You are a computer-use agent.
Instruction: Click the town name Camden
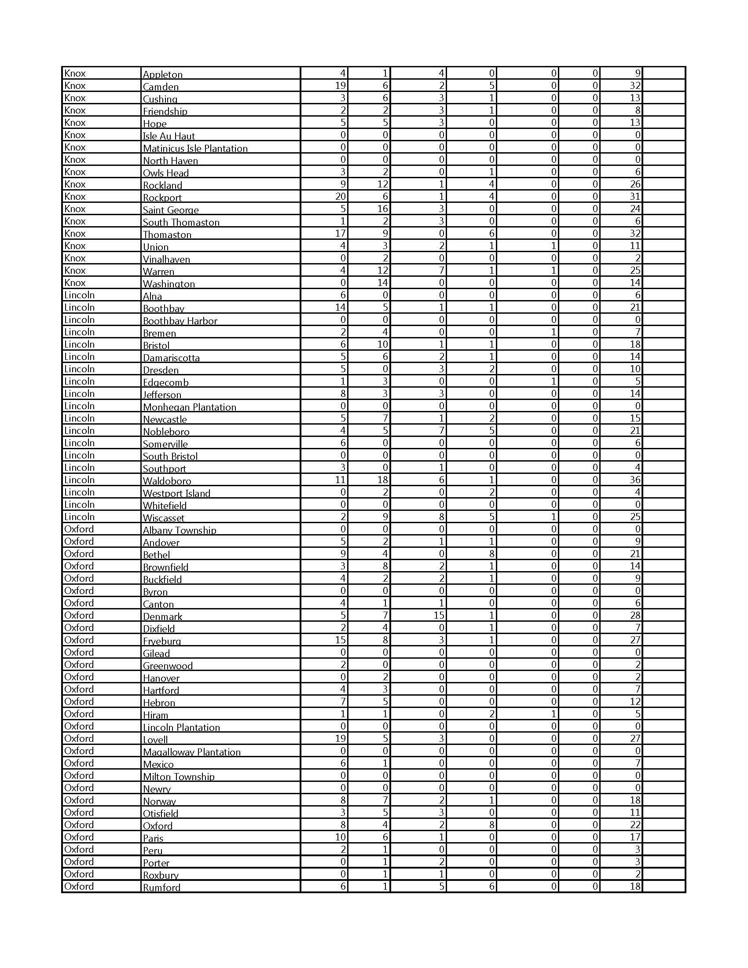pos(161,86)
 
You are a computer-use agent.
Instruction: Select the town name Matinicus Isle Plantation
pos(195,148)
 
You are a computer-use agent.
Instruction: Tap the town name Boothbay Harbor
pos(180,320)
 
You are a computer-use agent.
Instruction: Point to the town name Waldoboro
pos(167,480)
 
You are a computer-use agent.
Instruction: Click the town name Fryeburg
pos(162,641)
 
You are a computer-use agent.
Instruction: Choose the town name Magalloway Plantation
pos(191,752)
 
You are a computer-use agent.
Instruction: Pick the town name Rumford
pos(161,887)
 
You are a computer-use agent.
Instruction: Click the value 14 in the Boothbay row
pos(340,307)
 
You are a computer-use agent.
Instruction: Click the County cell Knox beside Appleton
pos(75,73)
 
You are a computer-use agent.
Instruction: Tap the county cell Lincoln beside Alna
pos(79,295)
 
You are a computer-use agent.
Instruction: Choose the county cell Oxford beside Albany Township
pos(79,529)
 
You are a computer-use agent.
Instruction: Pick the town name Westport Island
pos(176,493)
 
